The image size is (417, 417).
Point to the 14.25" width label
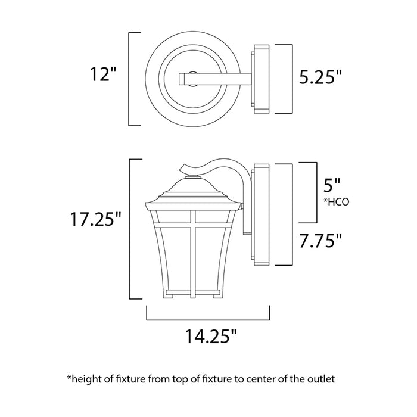(x=208, y=337)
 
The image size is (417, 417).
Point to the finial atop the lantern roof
(x=192, y=176)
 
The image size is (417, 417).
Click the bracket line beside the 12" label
(x=130, y=78)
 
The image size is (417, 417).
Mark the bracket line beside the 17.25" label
(x=130, y=229)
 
